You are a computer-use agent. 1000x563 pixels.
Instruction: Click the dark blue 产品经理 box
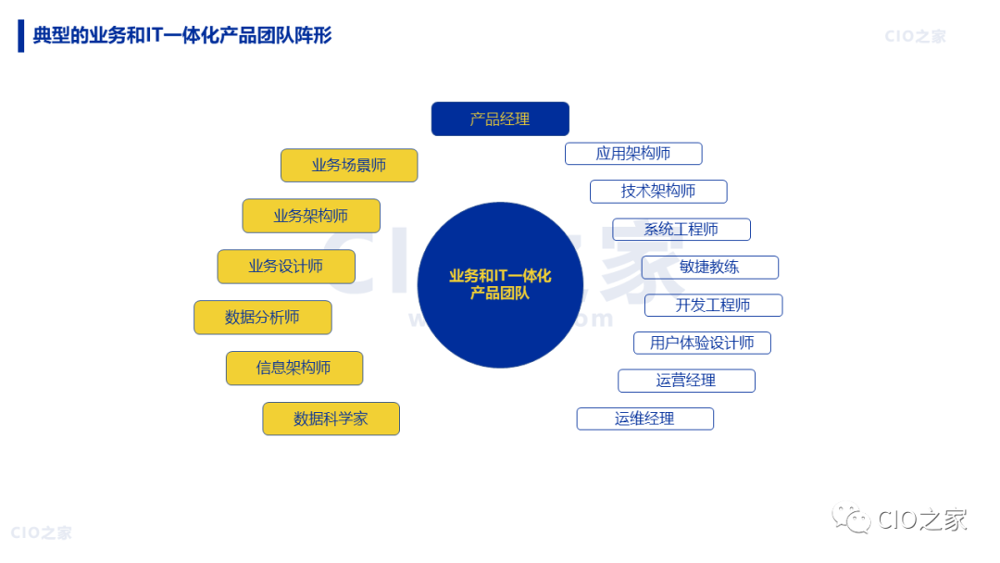(x=500, y=119)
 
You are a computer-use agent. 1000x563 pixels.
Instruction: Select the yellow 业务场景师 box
(x=349, y=166)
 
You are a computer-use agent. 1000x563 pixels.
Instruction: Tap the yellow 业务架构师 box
(x=311, y=216)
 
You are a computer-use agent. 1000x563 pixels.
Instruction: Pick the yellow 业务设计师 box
(x=286, y=267)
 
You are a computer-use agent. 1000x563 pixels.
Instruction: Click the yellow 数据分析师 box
(x=262, y=318)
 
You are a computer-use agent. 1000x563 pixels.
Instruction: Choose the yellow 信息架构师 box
(x=294, y=368)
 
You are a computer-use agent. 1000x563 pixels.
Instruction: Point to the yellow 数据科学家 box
(x=331, y=419)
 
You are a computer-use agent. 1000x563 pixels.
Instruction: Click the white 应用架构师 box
(x=633, y=154)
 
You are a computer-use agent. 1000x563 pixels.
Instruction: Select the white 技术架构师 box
(x=658, y=192)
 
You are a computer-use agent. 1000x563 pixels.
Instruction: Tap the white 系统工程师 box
(x=681, y=230)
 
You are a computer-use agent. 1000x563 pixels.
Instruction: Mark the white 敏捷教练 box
(x=709, y=268)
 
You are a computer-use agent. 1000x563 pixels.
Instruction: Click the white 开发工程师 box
(x=713, y=306)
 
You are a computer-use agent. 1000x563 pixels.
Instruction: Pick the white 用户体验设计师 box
(x=702, y=343)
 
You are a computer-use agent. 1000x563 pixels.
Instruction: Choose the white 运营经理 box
(x=686, y=381)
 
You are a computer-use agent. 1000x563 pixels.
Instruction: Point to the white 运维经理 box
(x=644, y=419)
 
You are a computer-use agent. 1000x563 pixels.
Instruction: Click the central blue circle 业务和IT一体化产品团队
(x=500, y=285)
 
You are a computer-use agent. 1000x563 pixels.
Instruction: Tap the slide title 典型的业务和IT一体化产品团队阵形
(x=182, y=36)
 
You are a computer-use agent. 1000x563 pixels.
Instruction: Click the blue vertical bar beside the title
(x=21, y=36)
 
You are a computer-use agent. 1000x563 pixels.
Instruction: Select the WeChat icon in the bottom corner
(x=852, y=519)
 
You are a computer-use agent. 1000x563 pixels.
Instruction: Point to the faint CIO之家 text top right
(x=915, y=37)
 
